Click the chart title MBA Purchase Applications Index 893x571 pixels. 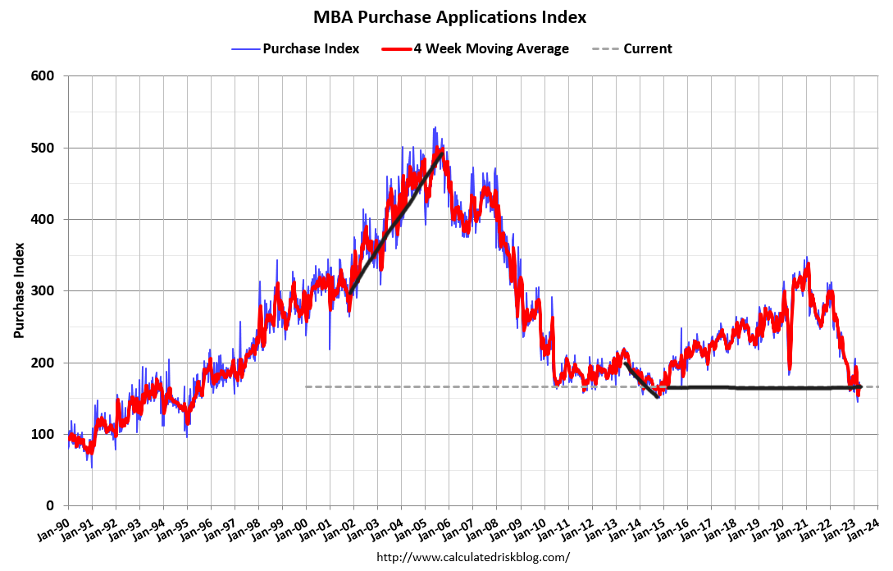pos(450,17)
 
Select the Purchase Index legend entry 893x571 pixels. pos(311,48)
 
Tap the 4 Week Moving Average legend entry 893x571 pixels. pos(490,48)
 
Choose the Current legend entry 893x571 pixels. pos(647,48)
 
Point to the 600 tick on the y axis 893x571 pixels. pos(43,76)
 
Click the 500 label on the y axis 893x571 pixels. pos(43,148)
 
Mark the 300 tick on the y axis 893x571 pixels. pos(43,291)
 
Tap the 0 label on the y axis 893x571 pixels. pos(50,506)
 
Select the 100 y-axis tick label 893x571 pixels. pos(43,435)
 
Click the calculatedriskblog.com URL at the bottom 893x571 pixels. pos(472,557)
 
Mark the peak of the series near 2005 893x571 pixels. pos(435,129)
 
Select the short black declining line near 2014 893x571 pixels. pos(641,381)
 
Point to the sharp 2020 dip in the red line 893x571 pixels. pos(789,369)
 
